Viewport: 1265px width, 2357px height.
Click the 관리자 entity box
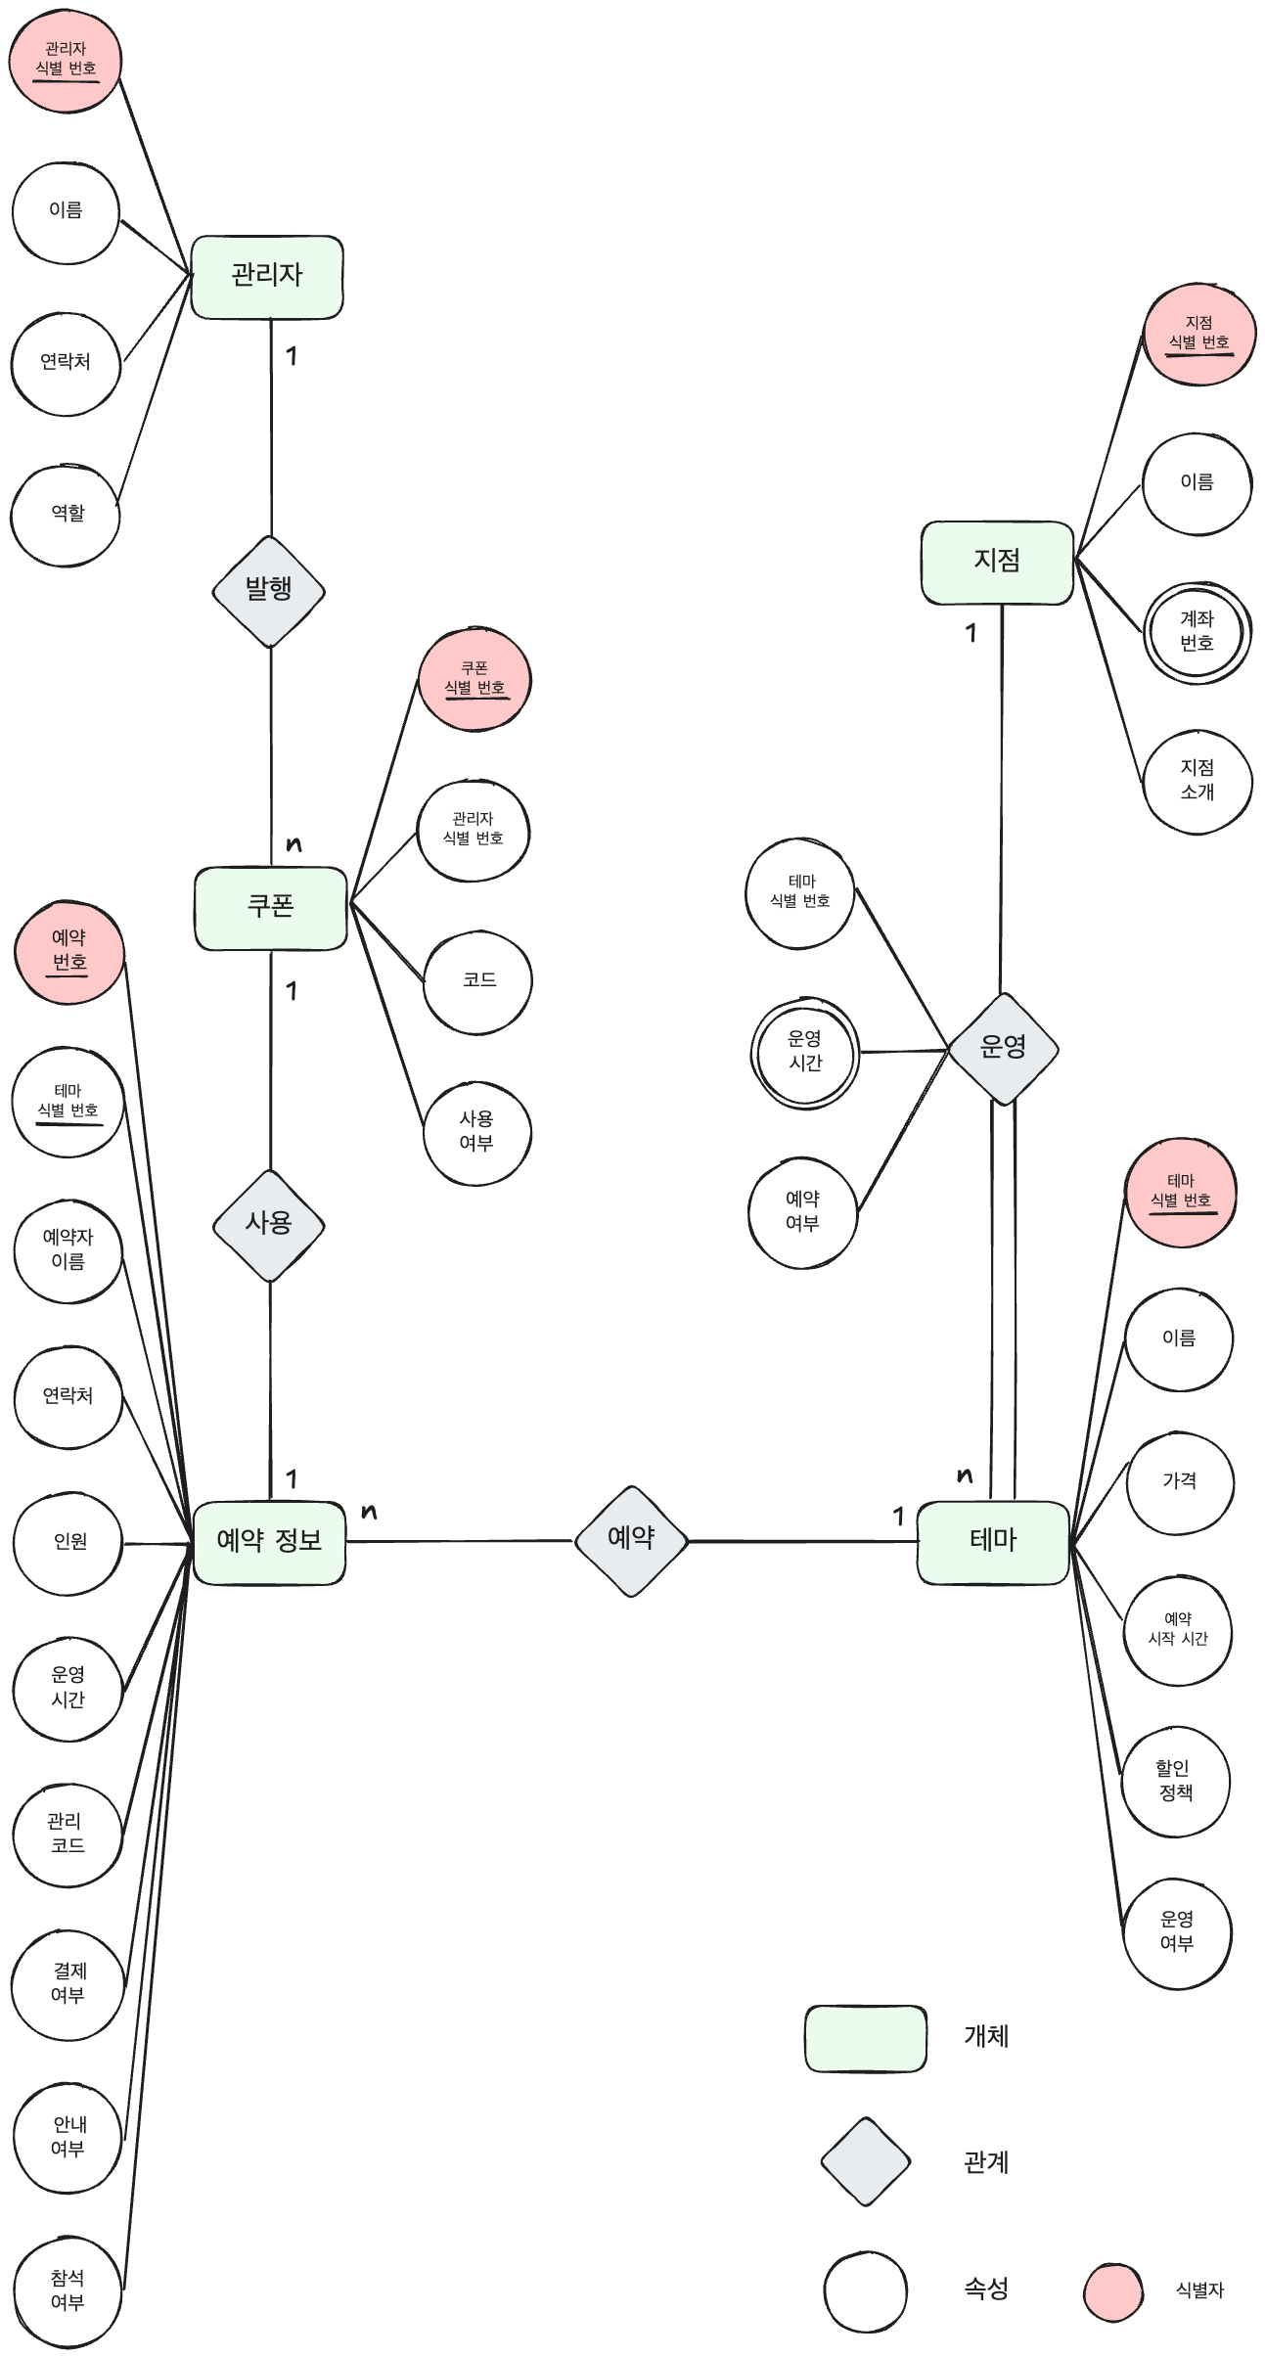point(266,277)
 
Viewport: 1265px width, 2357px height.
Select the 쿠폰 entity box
point(270,907)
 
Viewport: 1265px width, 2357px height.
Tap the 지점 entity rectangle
point(997,562)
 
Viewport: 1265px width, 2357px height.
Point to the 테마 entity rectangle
point(993,1541)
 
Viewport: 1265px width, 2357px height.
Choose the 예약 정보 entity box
point(269,1541)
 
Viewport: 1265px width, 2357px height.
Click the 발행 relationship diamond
point(269,591)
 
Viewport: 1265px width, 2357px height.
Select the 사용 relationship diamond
point(269,1224)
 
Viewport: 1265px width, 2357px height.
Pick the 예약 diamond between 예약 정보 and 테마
point(631,1540)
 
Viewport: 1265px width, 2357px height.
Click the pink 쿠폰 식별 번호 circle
point(474,680)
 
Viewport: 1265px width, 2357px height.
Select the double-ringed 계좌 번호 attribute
point(1197,632)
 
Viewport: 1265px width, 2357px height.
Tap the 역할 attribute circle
point(66,515)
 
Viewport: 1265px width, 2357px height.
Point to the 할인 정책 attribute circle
point(1175,1782)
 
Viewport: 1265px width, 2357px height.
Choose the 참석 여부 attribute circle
point(68,2290)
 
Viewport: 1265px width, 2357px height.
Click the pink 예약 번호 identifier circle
point(69,952)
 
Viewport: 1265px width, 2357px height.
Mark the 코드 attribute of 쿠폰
point(477,981)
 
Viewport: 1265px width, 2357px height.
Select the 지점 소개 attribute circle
point(1197,781)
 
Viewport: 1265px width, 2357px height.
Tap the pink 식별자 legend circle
point(1113,2290)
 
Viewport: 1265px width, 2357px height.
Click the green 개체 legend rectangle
point(865,2038)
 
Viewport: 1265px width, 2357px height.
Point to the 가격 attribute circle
point(1180,1482)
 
